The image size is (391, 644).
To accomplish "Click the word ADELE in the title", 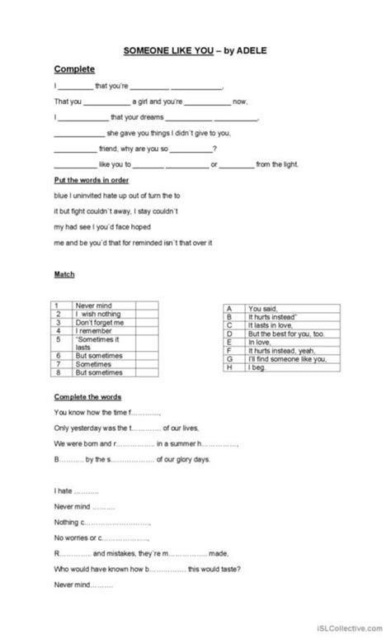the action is click(x=249, y=50).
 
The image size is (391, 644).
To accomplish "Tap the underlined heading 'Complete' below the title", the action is click(x=72, y=69).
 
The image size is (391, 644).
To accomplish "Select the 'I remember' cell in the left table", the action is click(x=92, y=330).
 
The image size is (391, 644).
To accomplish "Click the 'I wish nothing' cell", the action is click(x=98, y=314).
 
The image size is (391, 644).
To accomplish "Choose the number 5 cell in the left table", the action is click(x=59, y=339).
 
